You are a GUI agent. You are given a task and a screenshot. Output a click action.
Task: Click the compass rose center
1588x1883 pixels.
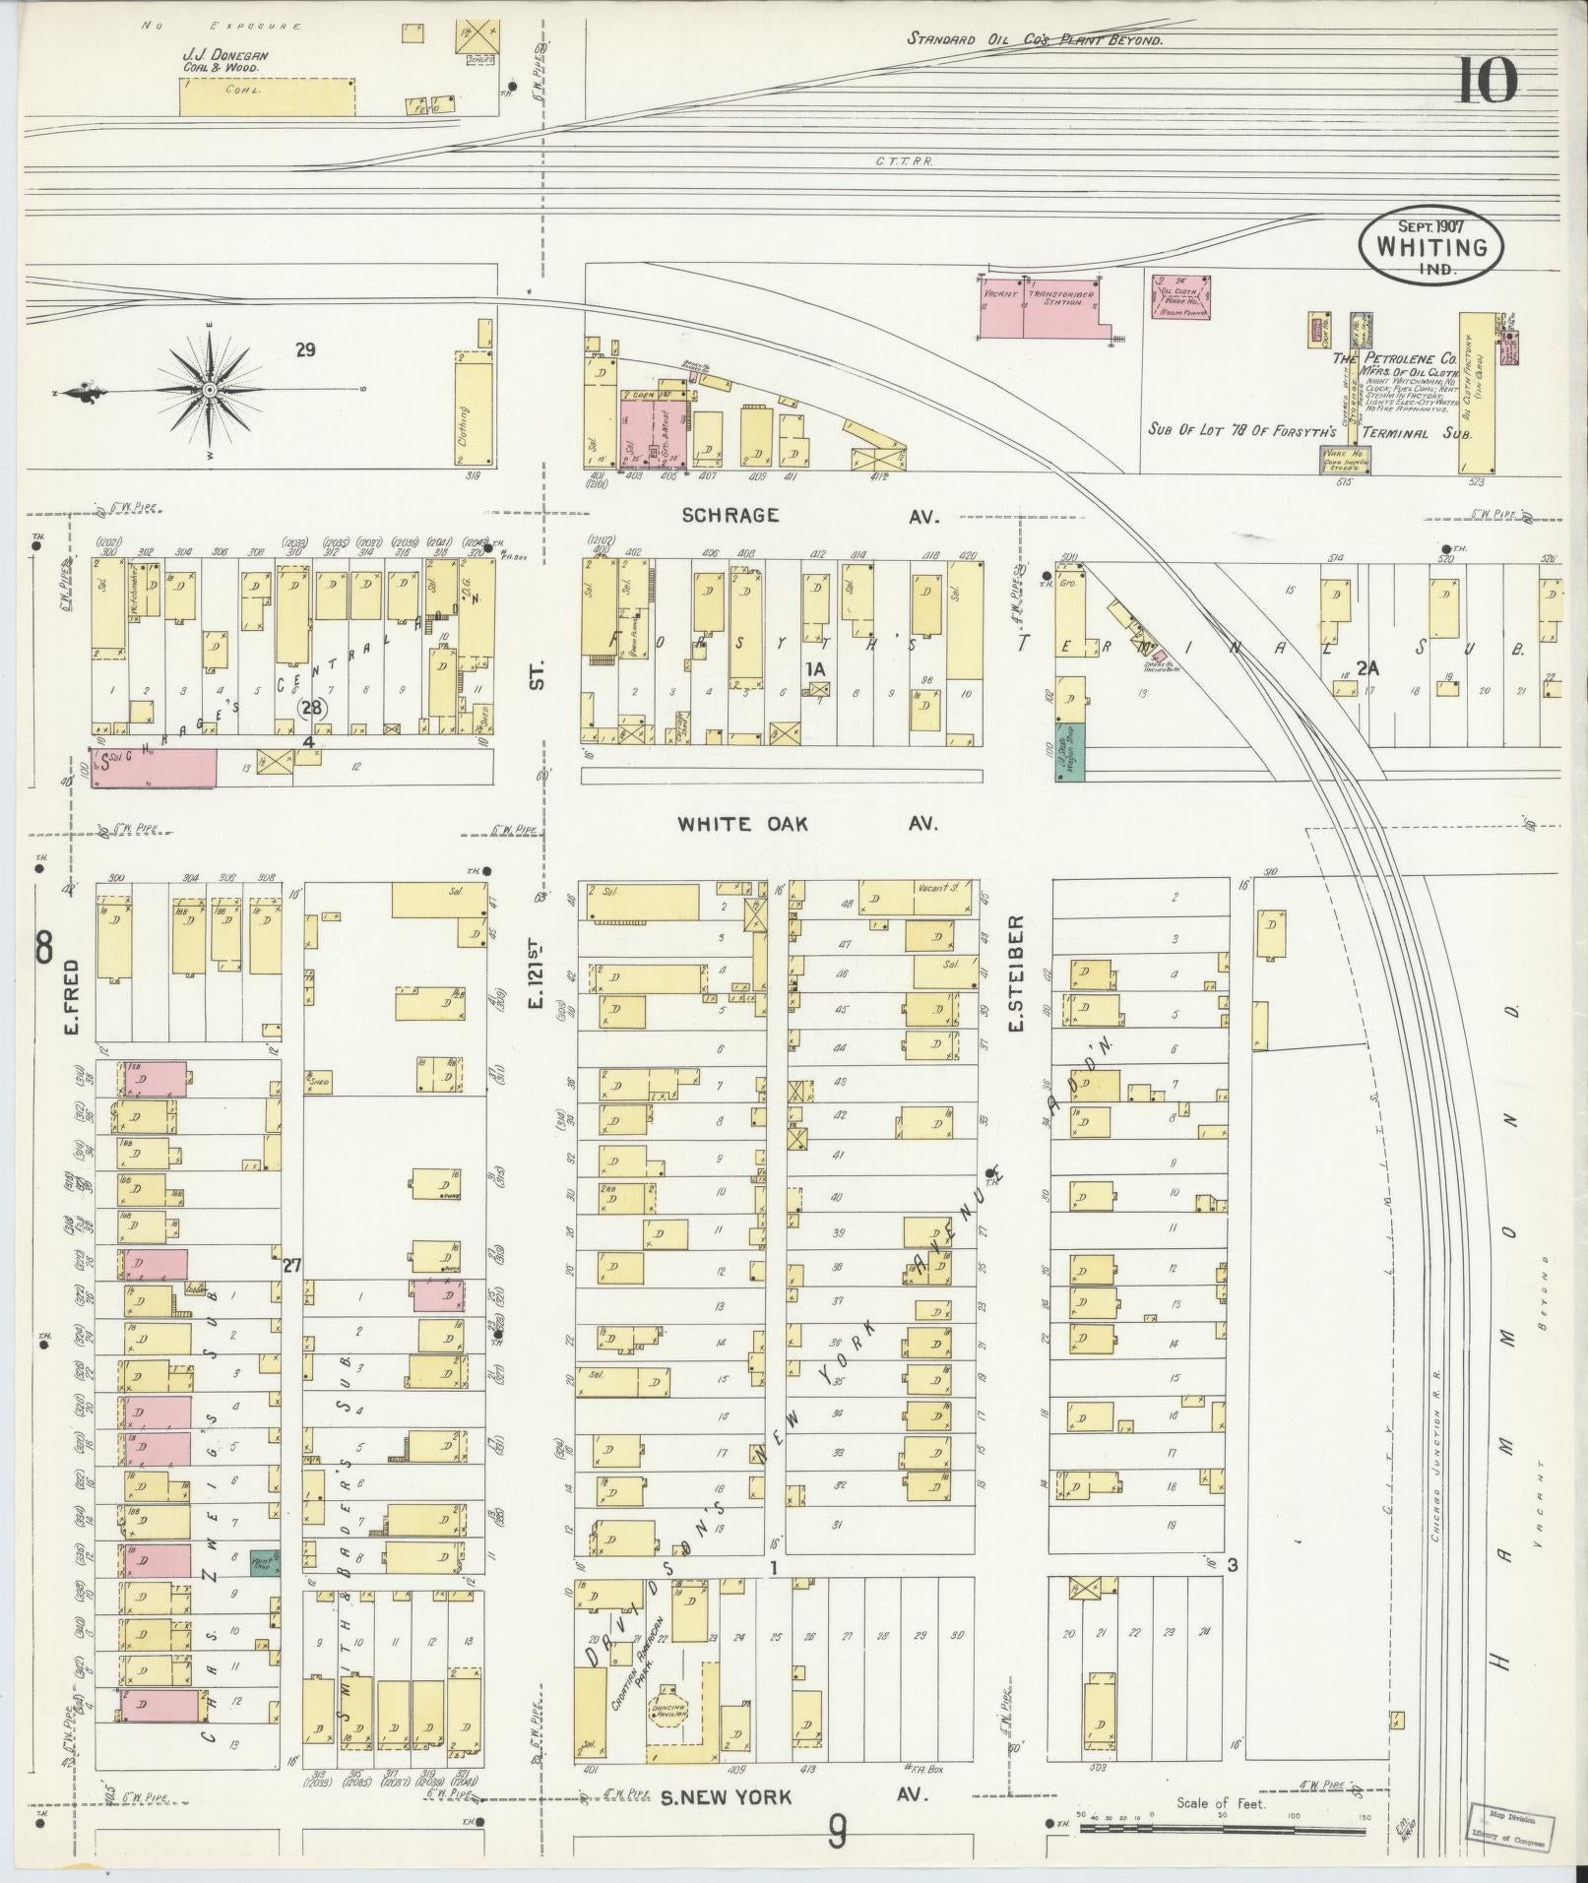210,391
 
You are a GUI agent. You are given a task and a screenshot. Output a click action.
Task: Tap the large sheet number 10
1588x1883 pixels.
1488,80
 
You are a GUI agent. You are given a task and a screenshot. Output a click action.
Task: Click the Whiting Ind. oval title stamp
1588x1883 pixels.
1430,248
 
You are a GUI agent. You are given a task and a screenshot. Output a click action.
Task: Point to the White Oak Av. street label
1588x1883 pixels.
807,824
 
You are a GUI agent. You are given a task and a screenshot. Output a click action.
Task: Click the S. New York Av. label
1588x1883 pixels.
794,1797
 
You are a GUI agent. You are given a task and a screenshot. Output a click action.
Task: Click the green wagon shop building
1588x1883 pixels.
1071,752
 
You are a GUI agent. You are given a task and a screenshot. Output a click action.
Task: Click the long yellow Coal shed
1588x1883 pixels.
267,97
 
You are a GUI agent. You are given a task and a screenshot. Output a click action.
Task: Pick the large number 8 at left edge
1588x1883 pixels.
44,949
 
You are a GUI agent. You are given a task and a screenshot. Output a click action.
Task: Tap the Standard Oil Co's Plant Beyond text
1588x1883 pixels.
1035,40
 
